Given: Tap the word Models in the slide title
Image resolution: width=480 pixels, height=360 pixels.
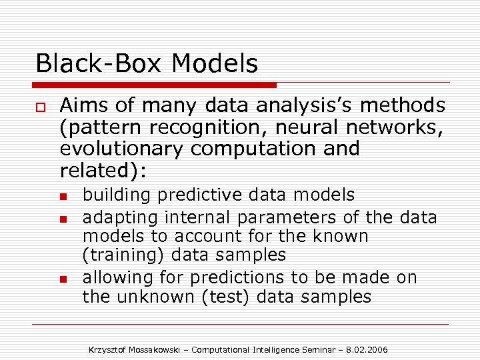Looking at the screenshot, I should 214,64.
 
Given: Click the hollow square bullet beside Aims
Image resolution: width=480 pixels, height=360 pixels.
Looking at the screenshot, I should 41,107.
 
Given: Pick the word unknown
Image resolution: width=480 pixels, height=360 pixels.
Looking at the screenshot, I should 157,297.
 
